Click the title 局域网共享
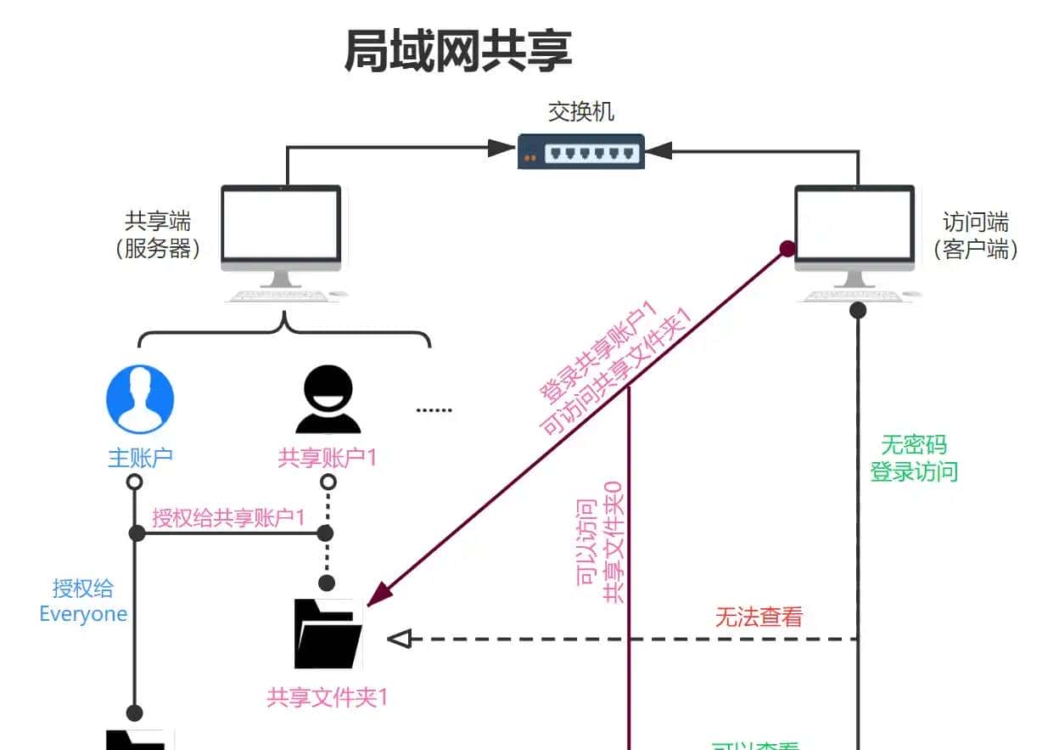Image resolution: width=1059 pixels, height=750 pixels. click(x=458, y=51)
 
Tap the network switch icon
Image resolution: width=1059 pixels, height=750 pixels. click(x=581, y=152)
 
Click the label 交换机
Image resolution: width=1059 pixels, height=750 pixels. click(x=580, y=112)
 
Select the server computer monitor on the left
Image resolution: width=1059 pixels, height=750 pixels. click(x=282, y=227)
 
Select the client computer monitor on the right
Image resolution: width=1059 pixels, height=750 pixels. click(x=854, y=227)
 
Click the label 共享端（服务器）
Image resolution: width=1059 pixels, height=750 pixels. click(x=158, y=235)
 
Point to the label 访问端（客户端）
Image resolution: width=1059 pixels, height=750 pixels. click(x=976, y=235)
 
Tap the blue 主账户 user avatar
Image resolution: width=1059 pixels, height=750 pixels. click(x=140, y=399)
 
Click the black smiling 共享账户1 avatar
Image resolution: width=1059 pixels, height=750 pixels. click(x=328, y=400)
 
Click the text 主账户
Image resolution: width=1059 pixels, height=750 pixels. click(x=140, y=458)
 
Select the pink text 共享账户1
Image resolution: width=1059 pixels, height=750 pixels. click(x=327, y=458)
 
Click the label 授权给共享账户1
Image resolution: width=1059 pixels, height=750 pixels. click(x=228, y=517)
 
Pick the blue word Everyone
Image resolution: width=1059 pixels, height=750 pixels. click(x=83, y=614)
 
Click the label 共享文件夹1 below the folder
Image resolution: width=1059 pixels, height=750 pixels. click(x=328, y=698)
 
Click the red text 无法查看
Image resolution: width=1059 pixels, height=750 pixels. click(x=759, y=617)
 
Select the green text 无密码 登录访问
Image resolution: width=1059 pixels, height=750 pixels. click(x=914, y=458)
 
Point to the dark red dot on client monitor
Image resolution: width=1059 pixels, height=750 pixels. click(x=787, y=249)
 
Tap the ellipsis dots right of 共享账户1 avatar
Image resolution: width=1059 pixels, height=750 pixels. click(x=434, y=410)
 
